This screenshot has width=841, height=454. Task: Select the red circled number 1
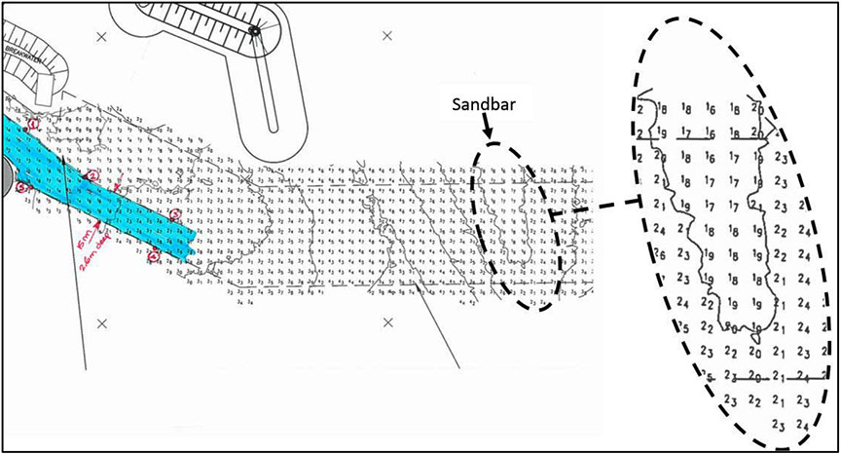click(x=33, y=124)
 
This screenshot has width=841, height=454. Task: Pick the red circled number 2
click(x=92, y=175)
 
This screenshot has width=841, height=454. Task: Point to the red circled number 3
click(x=175, y=214)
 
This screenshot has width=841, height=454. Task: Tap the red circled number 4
click(x=154, y=255)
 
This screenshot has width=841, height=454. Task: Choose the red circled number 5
click(x=20, y=189)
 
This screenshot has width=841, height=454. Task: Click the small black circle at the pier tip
click(x=255, y=30)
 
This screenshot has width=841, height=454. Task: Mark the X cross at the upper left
click(x=101, y=36)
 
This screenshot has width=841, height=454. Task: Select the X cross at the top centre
click(x=387, y=36)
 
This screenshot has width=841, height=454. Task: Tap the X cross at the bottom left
click(x=101, y=322)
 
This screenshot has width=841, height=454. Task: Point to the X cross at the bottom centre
click(x=387, y=322)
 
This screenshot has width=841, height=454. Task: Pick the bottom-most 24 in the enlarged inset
click(x=801, y=425)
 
